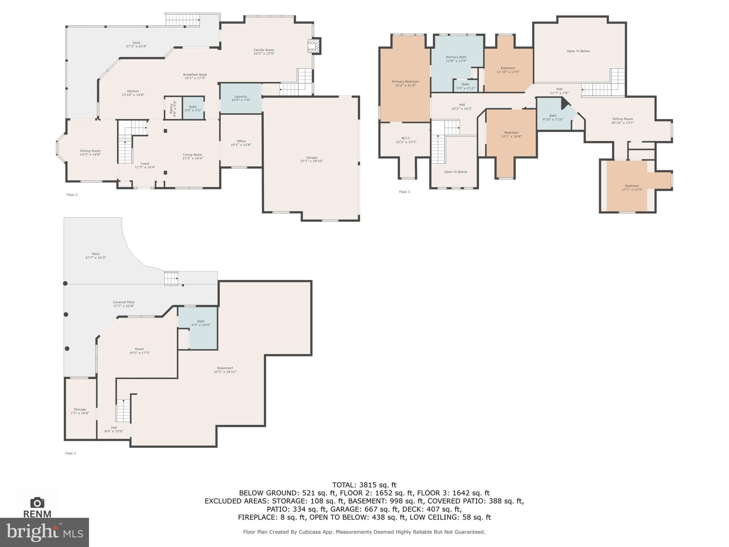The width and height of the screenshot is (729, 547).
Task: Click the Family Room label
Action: point(264,50)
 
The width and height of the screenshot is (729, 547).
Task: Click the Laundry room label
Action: point(241,97)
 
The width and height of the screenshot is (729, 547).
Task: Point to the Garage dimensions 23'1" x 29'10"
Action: point(311,161)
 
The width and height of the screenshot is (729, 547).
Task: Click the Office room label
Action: point(241,141)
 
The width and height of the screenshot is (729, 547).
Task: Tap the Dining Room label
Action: point(90,151)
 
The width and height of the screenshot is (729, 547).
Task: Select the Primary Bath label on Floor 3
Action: point(456,57)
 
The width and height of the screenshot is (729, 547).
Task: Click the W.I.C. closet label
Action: point(406,138)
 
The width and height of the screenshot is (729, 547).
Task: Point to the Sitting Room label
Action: point(623,119)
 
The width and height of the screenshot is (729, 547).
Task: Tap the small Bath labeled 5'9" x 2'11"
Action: point(465,86)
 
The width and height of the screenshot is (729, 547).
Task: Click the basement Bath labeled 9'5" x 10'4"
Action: point(201,323)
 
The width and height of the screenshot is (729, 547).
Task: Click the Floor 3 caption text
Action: point(404,192)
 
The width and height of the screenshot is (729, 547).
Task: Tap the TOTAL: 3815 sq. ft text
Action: point(364,485)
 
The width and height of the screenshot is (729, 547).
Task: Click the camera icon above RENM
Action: point(37,502)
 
